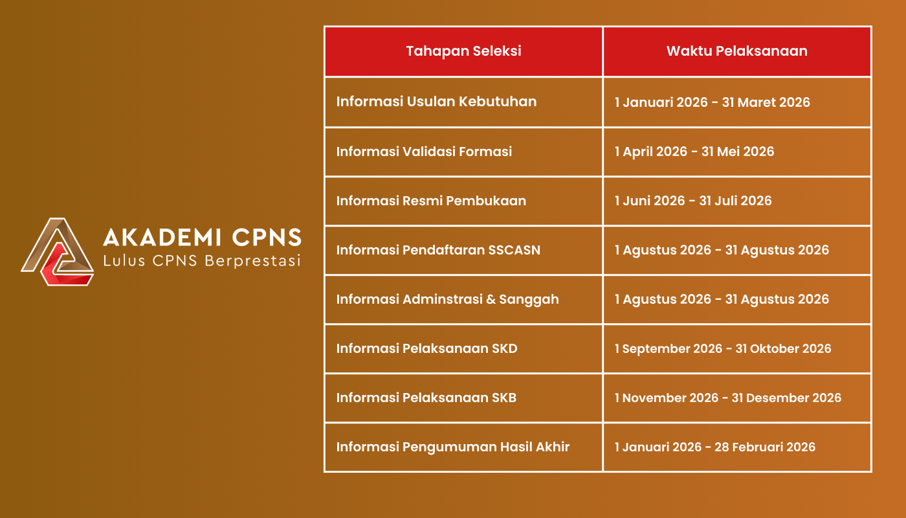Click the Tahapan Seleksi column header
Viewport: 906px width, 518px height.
coord(463,51)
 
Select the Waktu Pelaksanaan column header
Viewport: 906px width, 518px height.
coord(736,51)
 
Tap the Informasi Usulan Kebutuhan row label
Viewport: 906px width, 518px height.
coord(436,102)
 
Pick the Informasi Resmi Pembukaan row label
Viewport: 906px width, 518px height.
coord(431,201)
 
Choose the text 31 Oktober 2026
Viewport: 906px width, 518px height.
coord(783,348)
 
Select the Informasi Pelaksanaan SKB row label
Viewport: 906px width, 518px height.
coord(426,398)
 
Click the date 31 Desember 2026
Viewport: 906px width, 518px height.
coord(786,398)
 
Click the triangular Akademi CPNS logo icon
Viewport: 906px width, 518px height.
coord(58,252)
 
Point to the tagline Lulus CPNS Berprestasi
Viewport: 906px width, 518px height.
coord(202,262)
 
